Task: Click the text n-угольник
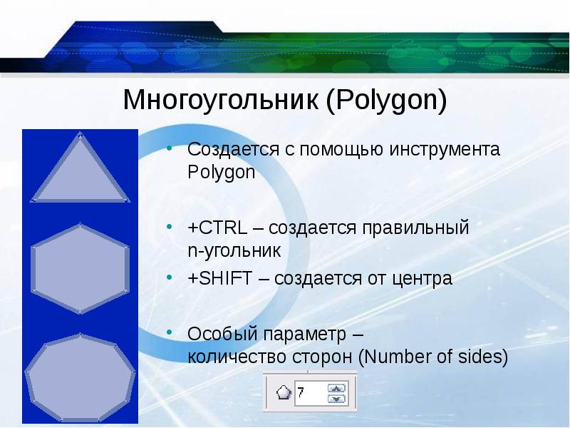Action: (234, 250)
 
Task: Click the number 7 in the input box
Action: (301, 392)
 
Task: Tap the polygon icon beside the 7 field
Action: (284, 392)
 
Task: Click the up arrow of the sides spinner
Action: (336, 388)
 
